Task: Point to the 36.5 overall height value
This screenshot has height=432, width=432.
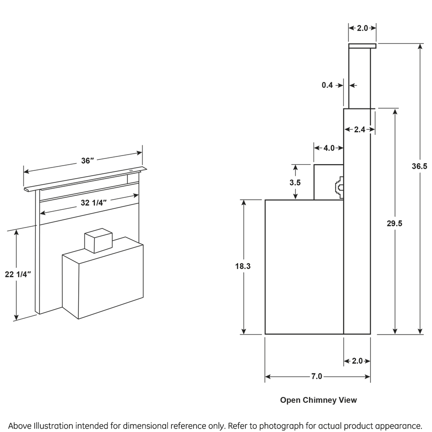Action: (420, 166)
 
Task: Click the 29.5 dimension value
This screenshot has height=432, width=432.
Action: (394, 223)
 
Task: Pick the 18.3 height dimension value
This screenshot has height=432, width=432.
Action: (243, 265)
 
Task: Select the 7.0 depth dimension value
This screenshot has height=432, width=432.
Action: (316, 376)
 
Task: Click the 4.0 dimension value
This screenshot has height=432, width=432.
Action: (329, 148)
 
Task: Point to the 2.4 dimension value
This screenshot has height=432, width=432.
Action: (359, 129)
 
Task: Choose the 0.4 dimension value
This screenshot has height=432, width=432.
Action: (327, 85)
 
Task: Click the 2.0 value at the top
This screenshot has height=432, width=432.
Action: (362, 28)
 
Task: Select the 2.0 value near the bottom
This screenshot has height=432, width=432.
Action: (358, 361)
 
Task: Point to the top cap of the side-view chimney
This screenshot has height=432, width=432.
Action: (362, 46)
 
